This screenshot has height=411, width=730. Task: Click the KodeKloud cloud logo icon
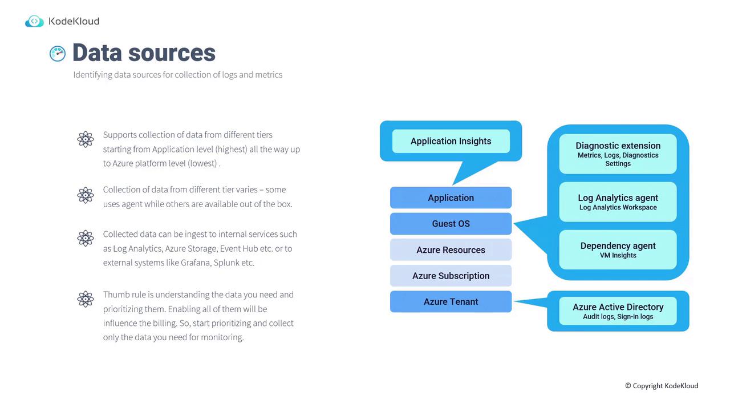34,22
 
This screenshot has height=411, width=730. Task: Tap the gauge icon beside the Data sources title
58,54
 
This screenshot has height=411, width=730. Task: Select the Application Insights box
451,141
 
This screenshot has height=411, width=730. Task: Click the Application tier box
451,198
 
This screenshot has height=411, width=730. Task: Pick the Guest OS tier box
451,224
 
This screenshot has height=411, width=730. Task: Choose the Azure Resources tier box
451,250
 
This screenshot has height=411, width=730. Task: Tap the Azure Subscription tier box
451,276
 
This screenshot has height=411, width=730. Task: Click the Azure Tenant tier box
451,301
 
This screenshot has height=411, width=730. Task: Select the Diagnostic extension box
618,154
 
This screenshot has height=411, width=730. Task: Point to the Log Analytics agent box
618,202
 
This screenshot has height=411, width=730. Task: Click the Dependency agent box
618,249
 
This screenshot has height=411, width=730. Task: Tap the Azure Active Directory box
618,311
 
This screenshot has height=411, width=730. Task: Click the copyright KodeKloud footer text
662,386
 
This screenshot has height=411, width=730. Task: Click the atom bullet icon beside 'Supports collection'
86,139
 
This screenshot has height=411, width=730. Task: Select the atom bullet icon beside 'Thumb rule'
86,299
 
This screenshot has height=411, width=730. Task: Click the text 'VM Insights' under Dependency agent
618,256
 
